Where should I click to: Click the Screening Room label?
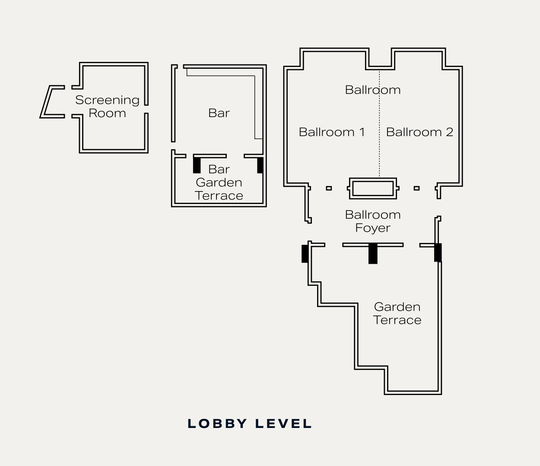tap(107, 106)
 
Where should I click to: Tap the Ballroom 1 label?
tap(331, 132)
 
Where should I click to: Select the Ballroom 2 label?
tap(419, 132)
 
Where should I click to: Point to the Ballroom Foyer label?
tap(372, 221)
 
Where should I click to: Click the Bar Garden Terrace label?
tap(219, 182)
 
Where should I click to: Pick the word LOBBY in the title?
tap(217, 424)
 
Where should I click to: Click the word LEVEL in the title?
tap(283, 424)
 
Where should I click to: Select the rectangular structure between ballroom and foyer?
tap(372, 188)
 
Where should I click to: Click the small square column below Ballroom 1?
tap(329, 188)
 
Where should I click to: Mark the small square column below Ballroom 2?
tap(416, 188)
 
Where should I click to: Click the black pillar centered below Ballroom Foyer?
tap(373, 254)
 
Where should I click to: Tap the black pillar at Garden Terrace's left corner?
tap(305, 254)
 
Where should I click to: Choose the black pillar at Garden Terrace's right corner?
tap(438, 253)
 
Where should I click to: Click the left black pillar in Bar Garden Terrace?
tap(197, 165)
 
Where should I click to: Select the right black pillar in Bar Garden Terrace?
tap(260, 165)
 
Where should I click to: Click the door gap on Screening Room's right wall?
tap(146, 109)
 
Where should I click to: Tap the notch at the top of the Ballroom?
tap(380, 59)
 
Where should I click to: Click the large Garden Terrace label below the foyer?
tap(397, 313)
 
